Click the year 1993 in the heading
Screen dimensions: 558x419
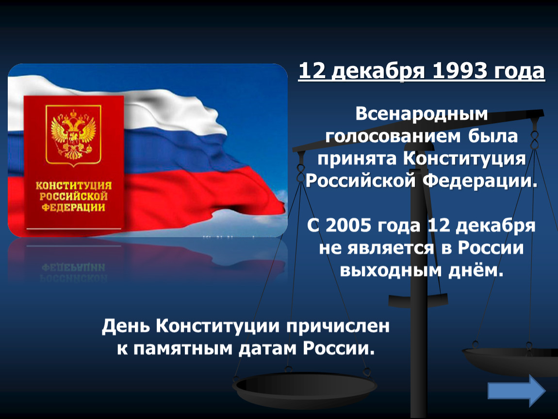pyautogui.click(x=460, y=71)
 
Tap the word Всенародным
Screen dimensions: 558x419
pyautogui.click(x=422, y=114)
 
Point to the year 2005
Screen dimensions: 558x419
pyautogui.click(x=348, y=225)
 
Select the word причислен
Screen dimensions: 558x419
pyautogui.click(x=338, y=326)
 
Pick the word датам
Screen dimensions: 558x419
pyautogui.click(x=268, y=349)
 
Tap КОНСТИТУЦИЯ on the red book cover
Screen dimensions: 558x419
pyautogui.click(x=74, y=185)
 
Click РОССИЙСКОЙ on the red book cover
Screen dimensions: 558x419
pyautogui.click(x=74, y=196)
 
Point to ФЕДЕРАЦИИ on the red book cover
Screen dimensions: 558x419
pyautogui.click(x=74, y=207)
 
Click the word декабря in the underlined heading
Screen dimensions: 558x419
pyautogui.click(x=379, y=71)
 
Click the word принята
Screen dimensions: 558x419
pyautogui.click(x=357, y=159)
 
